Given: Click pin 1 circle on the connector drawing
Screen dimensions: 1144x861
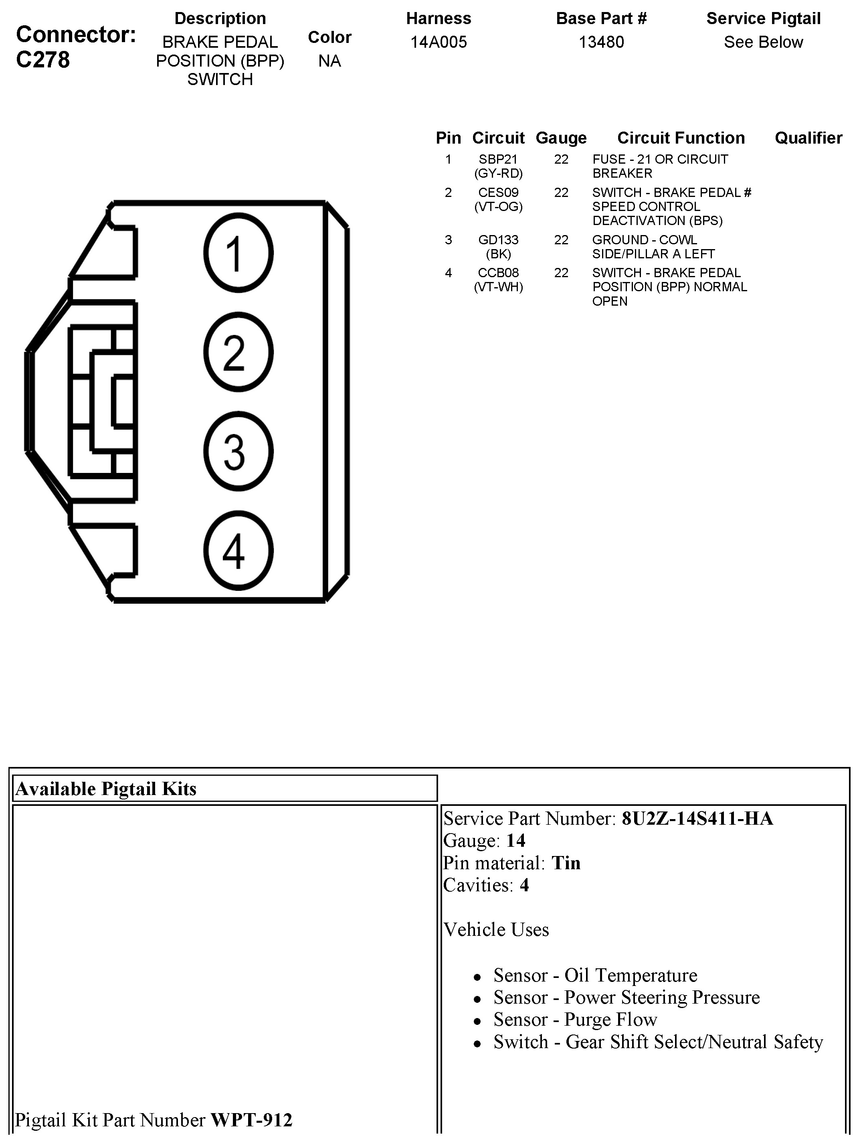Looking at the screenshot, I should (238, 253).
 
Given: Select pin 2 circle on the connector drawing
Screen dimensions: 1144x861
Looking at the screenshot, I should (238, 352).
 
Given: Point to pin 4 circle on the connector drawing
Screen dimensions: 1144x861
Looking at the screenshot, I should (238, 551).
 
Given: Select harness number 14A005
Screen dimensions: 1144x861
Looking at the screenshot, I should (438, 42).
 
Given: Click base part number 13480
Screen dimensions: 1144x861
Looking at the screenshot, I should (601, 42).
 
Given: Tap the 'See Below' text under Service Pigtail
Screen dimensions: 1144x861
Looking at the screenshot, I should (763, 42).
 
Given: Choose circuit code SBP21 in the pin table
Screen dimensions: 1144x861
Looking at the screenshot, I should (498, 159).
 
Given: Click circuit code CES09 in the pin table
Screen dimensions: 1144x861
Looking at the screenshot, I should (498, 193).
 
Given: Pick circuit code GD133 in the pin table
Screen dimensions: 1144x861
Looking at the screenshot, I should (498, 240).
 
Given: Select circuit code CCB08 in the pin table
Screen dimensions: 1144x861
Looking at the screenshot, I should (498, 272).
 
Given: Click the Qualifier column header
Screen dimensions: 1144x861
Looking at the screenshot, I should (808, 138).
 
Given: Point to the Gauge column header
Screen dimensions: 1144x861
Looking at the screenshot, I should (561, 138).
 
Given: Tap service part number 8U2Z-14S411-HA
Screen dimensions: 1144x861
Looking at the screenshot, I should (697, 819).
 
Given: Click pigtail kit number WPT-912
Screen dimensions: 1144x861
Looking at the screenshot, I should (252, 1120).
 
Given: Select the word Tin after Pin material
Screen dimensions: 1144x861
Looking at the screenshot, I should (566, 863).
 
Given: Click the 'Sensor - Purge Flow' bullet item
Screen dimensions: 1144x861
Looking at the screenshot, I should (575, 1019).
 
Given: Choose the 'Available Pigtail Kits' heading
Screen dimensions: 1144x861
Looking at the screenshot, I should (106, 789).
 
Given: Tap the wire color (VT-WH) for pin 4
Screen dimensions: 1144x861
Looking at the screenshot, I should (498, 287).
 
